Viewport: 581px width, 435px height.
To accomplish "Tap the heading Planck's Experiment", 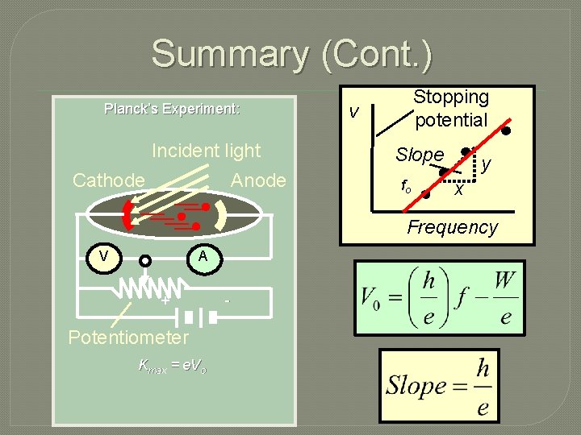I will coord(172,109).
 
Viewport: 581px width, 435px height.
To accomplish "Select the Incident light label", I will coord(207,151).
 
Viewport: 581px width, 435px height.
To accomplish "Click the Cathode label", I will coord(108,180).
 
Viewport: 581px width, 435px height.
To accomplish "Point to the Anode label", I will coord(258,180).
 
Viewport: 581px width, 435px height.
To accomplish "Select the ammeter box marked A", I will coord(203,256).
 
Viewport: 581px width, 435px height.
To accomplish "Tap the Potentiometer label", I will coord(128,337).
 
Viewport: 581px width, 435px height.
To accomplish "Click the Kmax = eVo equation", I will coord(172,366).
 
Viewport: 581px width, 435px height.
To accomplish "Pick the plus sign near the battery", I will coord(164,301).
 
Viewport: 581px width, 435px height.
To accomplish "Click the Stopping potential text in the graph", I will coord(451,108).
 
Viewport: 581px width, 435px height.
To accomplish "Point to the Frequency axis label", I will coord(452,227).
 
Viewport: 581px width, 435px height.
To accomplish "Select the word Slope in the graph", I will coord(420,154).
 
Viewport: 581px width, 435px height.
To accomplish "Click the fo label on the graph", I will coord(407,186).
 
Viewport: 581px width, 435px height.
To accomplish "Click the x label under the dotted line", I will coord(458,191).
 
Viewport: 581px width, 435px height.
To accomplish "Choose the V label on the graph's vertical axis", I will coord(353,111).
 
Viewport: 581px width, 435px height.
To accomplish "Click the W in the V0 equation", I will coord(504,283).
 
